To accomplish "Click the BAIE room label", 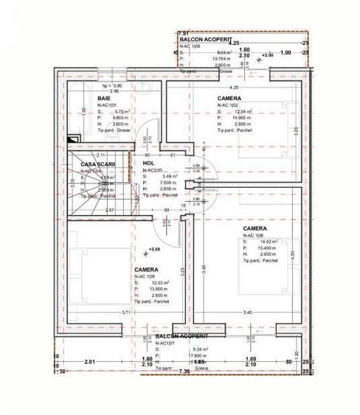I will click(x=103, y=98).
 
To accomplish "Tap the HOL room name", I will click(x=148, y=164).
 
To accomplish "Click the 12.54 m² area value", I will click(x=241, y=112).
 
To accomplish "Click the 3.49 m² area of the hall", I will click(x=168, y=177).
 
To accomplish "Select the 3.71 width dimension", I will click(x=126, y=313).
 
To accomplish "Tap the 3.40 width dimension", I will click(x=246, y=313).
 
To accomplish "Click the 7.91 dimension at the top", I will click(x=184, y=34).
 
